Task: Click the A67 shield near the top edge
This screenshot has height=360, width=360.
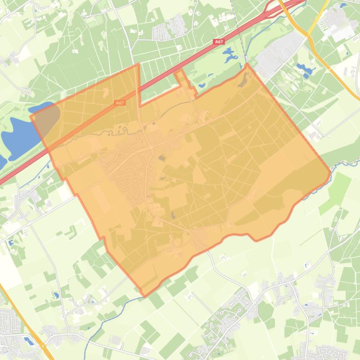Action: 219,42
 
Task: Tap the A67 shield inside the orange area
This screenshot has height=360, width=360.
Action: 120,103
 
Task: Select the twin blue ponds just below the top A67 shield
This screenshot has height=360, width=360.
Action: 230,56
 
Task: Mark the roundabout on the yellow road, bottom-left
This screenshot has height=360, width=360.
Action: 43,346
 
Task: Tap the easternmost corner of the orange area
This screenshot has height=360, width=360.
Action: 330,173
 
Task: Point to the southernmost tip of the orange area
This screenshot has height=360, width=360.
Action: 144,296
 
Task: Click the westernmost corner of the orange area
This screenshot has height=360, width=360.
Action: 31,116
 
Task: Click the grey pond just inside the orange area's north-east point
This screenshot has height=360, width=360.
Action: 242,83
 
